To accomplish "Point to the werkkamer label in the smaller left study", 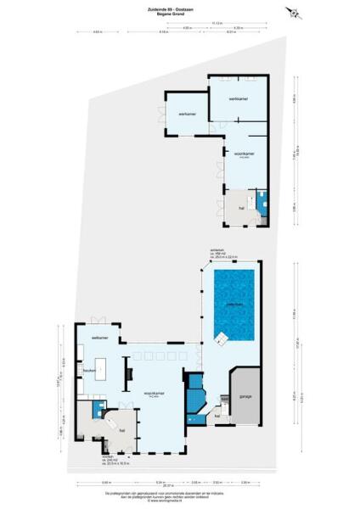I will click(x=187, y=113).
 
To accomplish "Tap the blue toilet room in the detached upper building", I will click(x=265, y=204).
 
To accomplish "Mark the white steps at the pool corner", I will click(x=222, y=340).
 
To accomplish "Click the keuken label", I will click(x=88, y=370).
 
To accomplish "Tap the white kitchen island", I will click(x=104, y=369).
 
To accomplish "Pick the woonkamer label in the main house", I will click(x=153, y=394).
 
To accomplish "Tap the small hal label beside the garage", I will click(x=217, y=416).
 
